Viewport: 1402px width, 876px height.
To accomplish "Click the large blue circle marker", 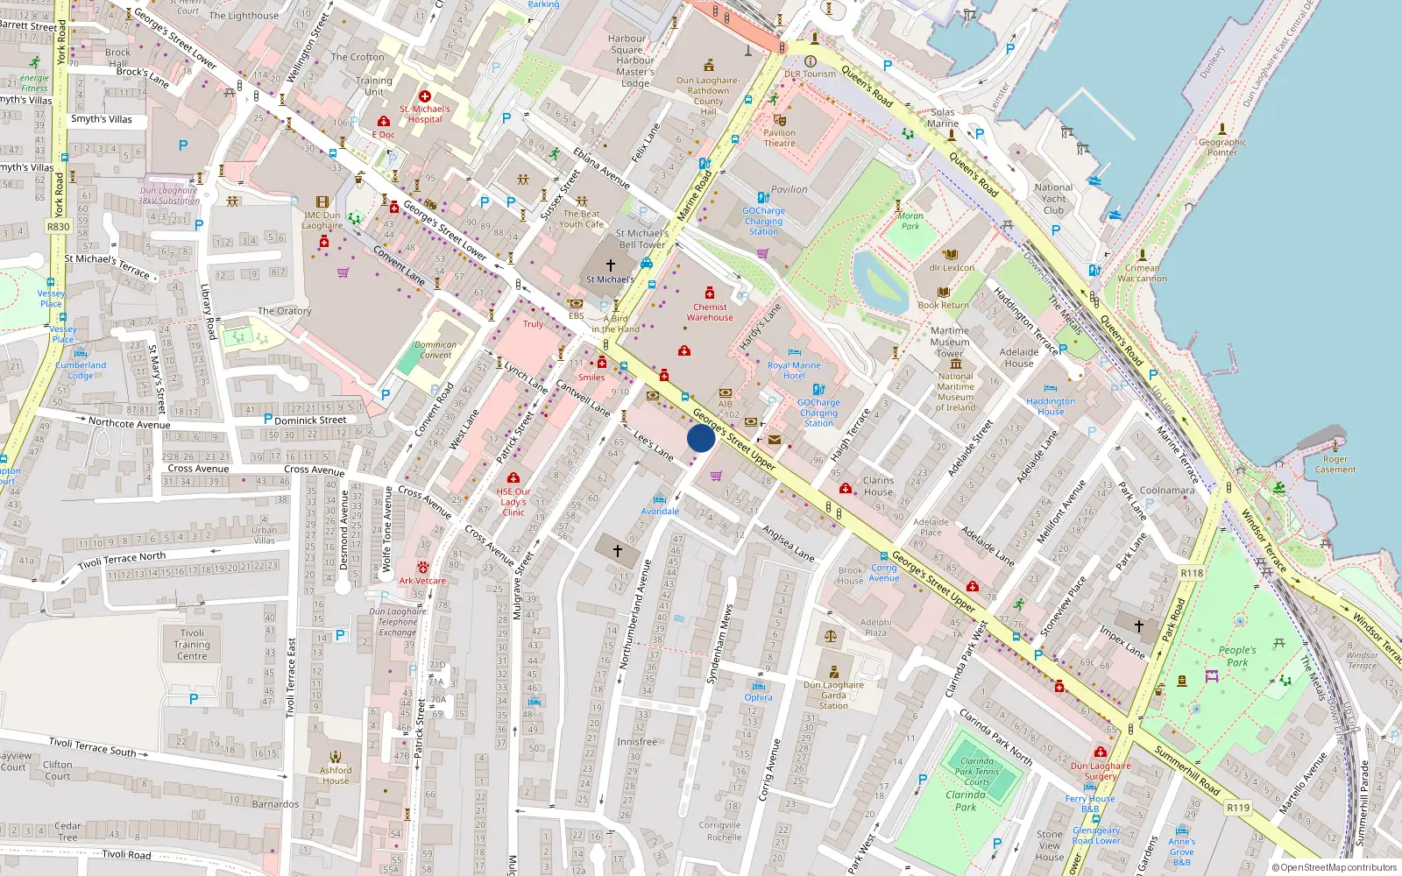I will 701,438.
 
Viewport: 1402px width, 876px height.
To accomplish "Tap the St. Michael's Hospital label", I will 425,114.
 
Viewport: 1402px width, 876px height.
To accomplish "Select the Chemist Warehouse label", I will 710,312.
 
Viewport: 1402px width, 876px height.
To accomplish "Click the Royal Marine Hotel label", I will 794,371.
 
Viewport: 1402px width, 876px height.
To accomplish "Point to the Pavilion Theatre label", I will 779,138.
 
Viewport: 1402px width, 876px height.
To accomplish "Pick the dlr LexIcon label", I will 952,268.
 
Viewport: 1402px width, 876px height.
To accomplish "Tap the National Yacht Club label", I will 1053,199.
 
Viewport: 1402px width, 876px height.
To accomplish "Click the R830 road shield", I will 58,226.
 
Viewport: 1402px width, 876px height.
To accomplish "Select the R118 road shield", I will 1192,573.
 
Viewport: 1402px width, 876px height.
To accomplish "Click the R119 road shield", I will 1238,808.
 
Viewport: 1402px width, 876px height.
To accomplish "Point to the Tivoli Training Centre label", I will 192,645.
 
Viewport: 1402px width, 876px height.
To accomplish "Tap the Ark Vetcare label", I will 422,581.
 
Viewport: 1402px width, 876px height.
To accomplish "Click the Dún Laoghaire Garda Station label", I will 833,695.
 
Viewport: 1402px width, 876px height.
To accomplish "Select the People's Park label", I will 1237,656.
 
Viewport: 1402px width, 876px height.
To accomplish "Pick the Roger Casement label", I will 1335,464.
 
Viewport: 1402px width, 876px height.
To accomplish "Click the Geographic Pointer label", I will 1222,147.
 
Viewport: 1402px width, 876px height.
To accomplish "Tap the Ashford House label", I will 336,775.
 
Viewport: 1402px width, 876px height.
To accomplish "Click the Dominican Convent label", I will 435,350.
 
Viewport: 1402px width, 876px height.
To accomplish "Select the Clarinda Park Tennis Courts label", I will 977,772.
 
